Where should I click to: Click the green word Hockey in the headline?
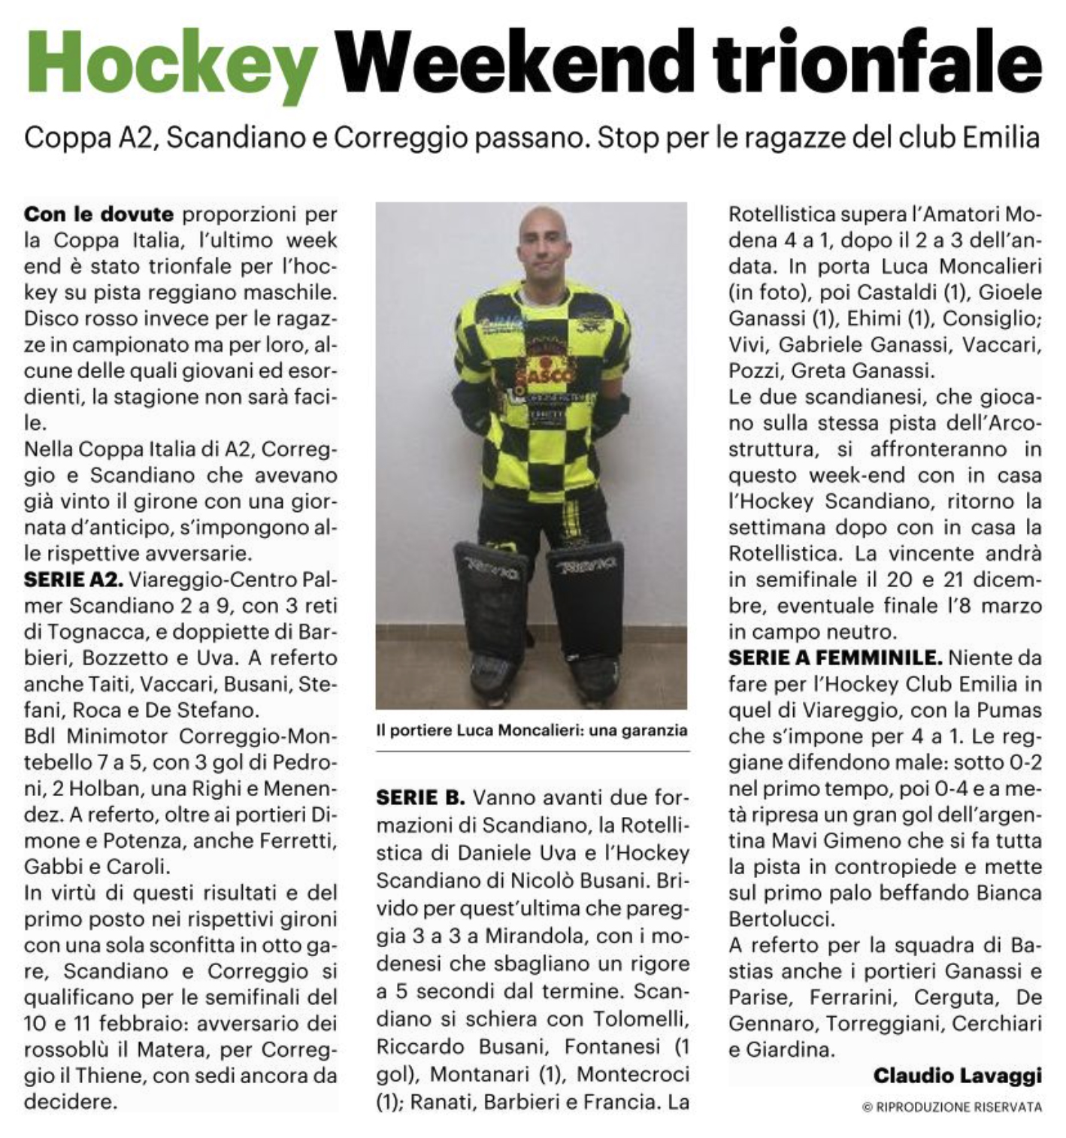[x=171, y=63]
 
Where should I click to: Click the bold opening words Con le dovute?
[x=99, y=214]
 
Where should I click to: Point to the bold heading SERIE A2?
[x=74, y=580]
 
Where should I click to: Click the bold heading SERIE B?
[x=421, y=797]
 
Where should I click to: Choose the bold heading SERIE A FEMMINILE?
[x=834, y=658]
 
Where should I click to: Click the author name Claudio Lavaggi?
[x=957, y=1076]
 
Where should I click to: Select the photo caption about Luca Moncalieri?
[x=531, y=730]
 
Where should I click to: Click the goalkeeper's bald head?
[x=544, y=225]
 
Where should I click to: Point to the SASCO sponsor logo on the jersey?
[x=538, y=373]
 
